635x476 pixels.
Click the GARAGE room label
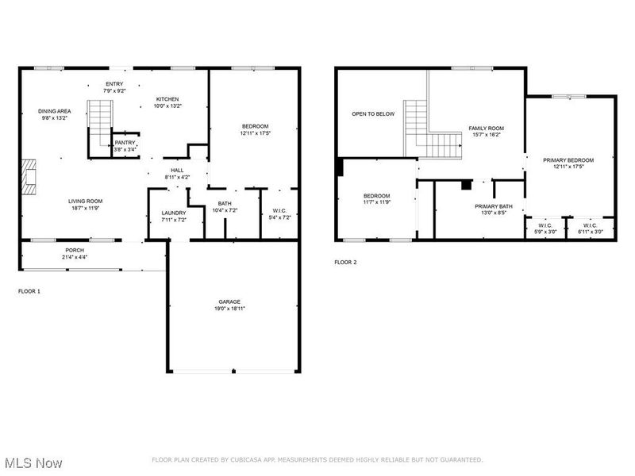point(230,301)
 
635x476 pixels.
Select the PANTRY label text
point(124,142)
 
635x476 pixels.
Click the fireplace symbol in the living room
point(29,177)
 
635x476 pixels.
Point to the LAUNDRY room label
point(173,213)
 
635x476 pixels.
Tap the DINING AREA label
point(55,111)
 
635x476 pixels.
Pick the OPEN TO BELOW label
point(373,114)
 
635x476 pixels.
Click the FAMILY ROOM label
point(486,128)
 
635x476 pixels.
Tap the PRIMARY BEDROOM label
point(568,160)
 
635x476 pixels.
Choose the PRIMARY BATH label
point(494,207)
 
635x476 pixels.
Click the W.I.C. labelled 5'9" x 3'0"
point(545,225)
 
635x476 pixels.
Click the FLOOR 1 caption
point(29,291)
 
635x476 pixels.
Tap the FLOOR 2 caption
point(345,262)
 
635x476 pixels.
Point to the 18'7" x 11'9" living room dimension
point(84,208)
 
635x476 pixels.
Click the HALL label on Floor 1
point(177,170)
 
